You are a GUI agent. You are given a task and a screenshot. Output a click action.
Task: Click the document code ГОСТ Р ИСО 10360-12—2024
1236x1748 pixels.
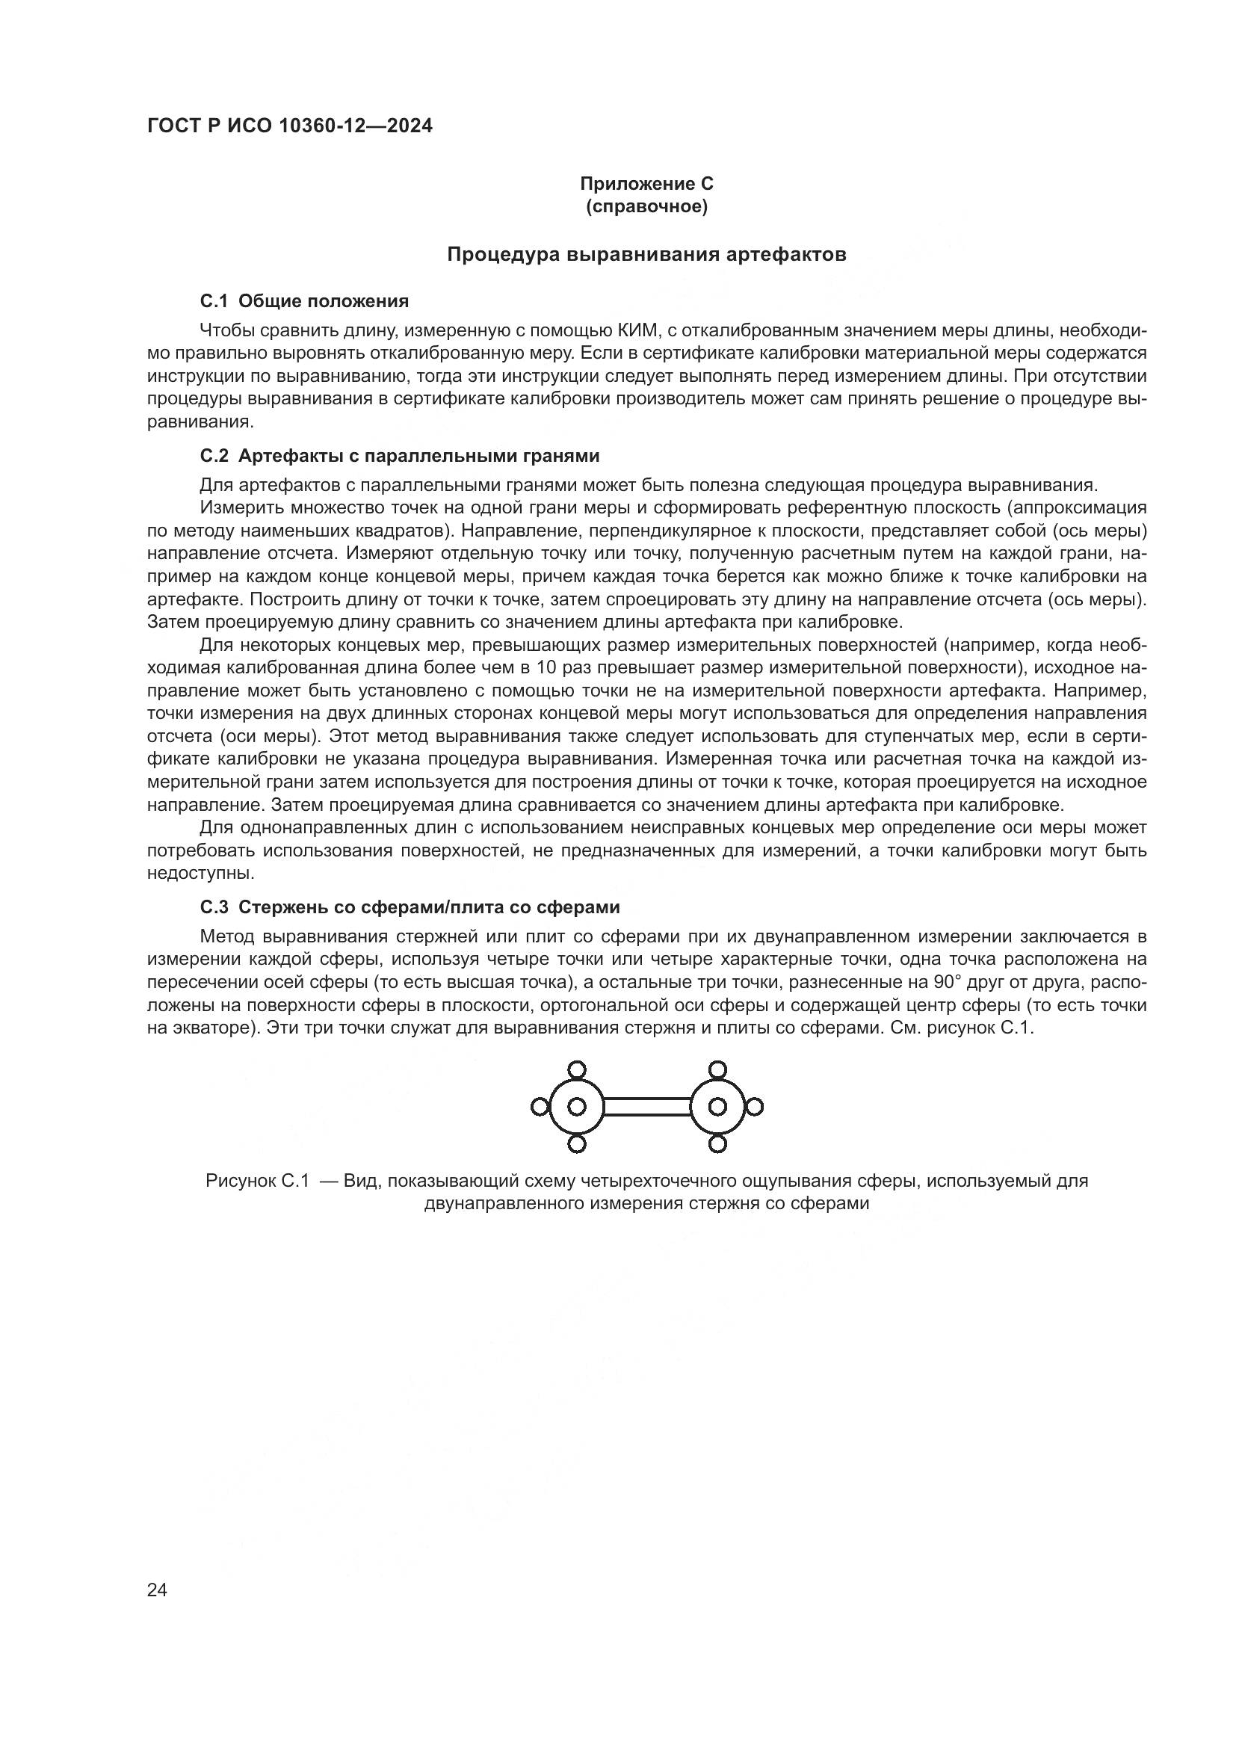(289, 126)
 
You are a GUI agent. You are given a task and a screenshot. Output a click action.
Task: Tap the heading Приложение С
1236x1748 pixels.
(646, 184)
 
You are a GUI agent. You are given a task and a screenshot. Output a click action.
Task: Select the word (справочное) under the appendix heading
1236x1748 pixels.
(646, 206)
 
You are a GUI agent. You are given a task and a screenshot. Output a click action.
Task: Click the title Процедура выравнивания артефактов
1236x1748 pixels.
(646, 254)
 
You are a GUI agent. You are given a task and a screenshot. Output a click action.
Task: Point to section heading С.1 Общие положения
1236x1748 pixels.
(304, 301)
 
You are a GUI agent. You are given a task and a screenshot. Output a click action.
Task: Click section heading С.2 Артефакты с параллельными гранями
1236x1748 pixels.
(400, 456)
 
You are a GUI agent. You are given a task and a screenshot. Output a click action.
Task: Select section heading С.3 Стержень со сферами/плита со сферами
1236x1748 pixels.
(410, 907)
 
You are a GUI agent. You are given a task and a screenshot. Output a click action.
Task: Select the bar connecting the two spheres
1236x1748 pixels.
(647, 1106)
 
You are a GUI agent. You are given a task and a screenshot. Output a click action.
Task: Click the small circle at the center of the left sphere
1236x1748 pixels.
(577, 1106)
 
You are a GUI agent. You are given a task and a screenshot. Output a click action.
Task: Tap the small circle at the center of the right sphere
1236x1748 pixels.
(717, 1106)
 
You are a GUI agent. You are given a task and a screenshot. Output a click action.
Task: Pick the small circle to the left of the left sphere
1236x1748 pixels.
(540, 1106)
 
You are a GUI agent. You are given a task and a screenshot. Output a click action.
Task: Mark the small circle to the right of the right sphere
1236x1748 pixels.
(754, 1106)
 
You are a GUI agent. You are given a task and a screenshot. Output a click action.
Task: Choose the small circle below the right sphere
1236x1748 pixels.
(717, 1143)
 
